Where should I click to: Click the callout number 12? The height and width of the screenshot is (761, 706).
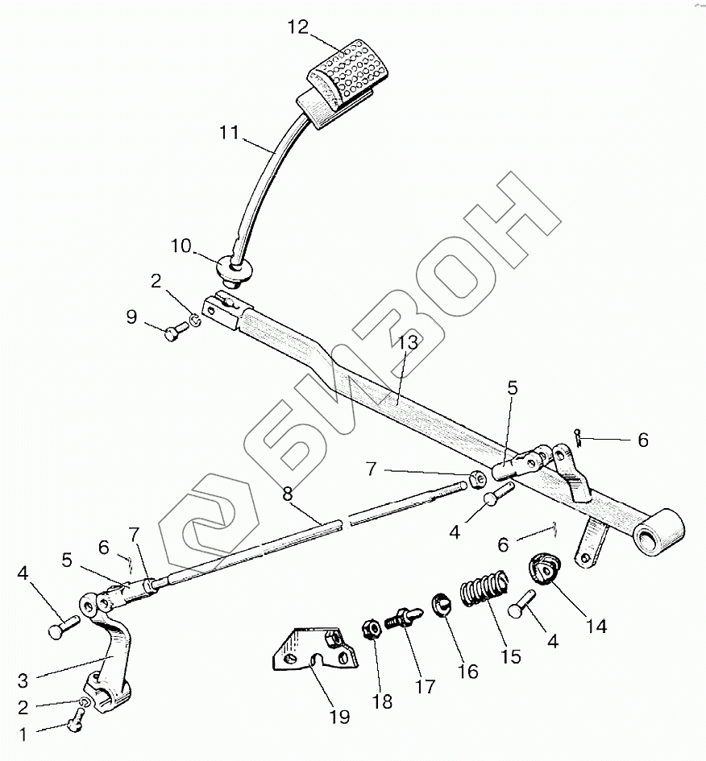[x=297, y=27]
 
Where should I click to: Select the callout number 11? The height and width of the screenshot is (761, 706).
[x=230, y=133]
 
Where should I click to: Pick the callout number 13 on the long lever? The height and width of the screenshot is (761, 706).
[x=408, y=341]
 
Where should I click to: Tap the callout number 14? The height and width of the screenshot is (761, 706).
[x=597, y=626]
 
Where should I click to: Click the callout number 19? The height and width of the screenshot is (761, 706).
[x=339, y=716]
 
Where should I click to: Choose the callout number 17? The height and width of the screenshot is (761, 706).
[x=424, y=686]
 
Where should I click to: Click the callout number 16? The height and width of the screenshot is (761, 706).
[x=467, y=671]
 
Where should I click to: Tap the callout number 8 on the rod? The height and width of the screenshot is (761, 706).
[x=289, y=493]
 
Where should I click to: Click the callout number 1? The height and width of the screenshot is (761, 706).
[x=22, y=734]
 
